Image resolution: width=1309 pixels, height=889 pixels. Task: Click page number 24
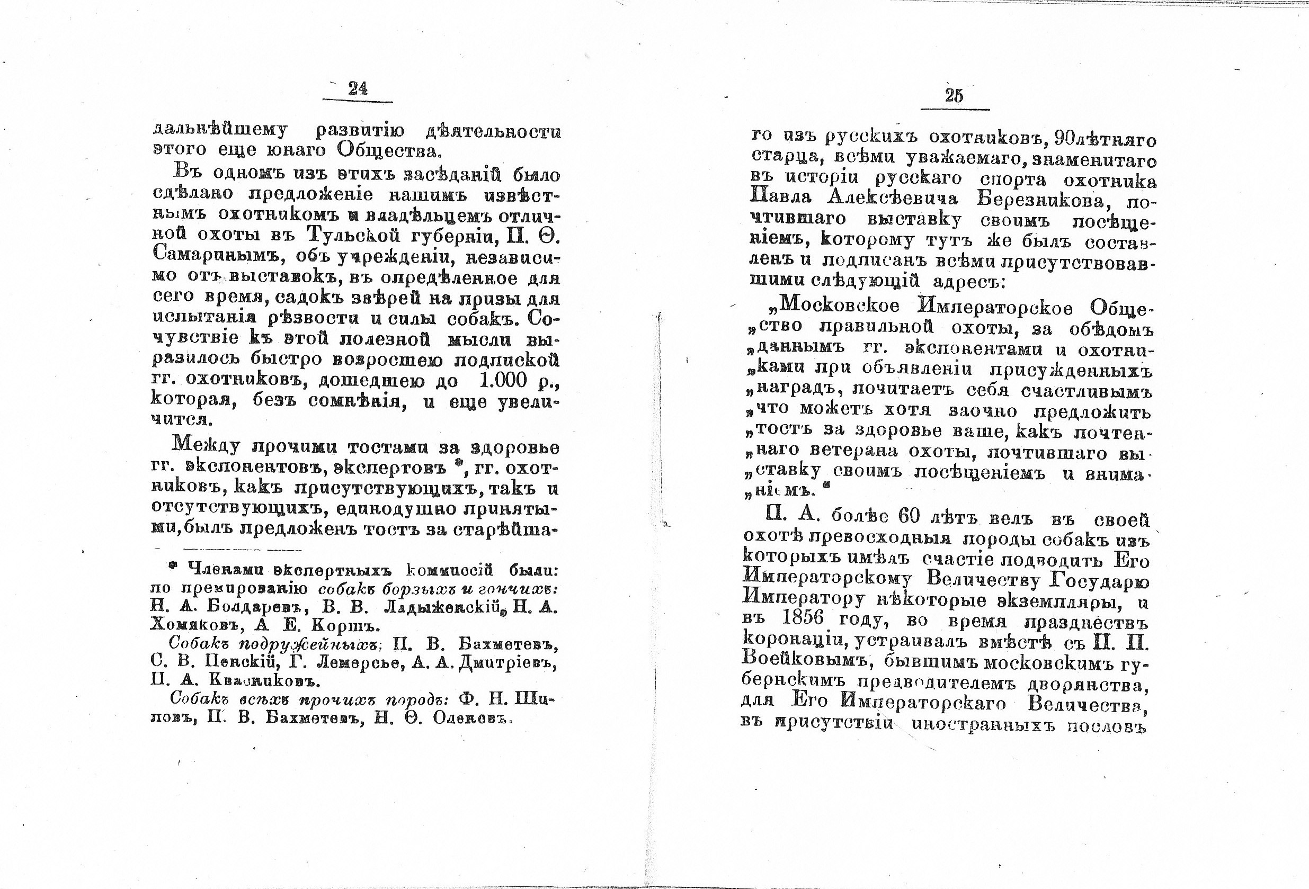point(358,89)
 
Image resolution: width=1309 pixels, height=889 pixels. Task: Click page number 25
point(954,96)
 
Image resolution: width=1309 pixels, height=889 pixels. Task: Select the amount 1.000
point(502,381)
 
